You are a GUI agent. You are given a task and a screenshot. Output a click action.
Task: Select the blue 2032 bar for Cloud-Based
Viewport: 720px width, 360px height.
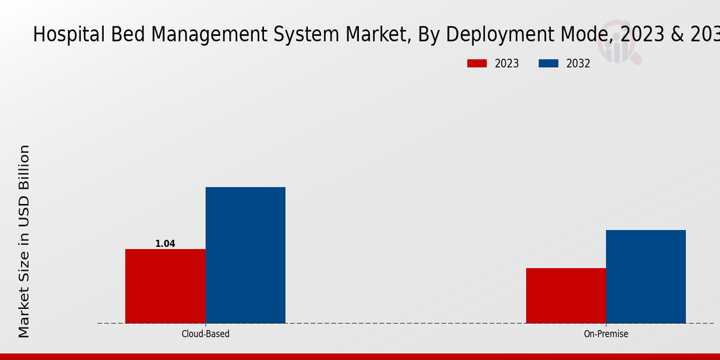245,255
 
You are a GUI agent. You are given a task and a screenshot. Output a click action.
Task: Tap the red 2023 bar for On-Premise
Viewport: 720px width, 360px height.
566,295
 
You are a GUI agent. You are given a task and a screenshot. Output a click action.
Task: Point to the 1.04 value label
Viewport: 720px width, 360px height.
165,244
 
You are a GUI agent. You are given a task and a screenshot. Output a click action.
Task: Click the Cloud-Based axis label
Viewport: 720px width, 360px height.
205,334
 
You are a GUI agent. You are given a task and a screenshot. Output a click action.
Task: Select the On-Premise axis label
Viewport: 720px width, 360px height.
606,334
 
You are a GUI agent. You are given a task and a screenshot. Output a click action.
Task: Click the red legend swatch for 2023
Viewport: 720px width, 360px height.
477,64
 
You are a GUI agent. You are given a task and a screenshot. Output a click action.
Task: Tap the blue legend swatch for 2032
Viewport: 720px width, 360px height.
548,64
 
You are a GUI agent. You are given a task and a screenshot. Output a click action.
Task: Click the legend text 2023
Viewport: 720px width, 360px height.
507,64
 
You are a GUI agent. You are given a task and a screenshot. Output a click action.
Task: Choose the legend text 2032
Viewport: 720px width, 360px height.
578,64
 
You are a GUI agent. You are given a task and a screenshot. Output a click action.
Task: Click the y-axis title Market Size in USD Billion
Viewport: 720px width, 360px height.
24,241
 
